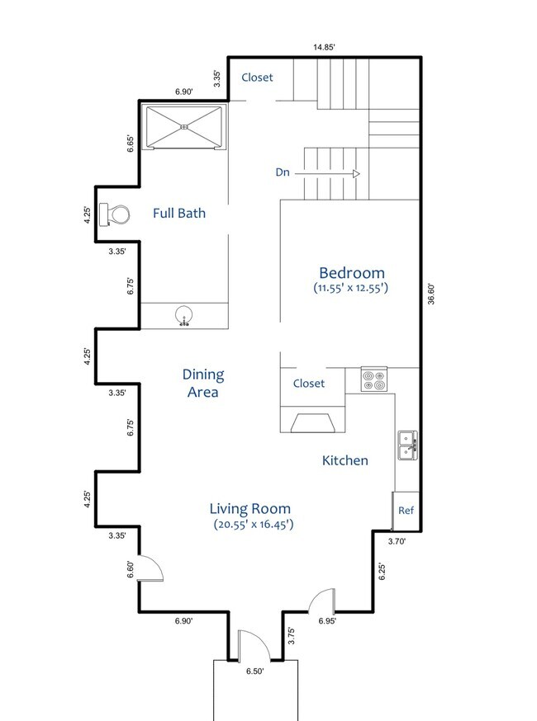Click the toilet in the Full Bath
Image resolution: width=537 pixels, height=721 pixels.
(x=114, y=214)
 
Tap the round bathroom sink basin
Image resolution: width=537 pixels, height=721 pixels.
(x=184, y=315)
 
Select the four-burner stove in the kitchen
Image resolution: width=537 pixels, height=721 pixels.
(x=374, y=379)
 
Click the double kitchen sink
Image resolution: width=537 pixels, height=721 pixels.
(x=408, y=445)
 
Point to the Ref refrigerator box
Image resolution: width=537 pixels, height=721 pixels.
(x=406, y=511)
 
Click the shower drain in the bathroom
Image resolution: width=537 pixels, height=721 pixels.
(x=184, y=127)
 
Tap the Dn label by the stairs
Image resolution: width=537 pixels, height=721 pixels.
(x=283, y=172)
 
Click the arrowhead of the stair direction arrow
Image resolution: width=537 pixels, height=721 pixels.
(x=356, y=174)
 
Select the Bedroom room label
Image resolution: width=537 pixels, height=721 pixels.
(x=352, y=273)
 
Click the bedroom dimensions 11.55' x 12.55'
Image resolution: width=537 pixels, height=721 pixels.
(x=350, y=288)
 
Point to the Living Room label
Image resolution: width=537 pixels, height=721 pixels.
(x=250, y=508)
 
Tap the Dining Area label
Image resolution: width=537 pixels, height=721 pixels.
(x=203, y=383)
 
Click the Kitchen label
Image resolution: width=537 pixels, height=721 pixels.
(x=345, y=460)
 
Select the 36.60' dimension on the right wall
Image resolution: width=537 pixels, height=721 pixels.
(x=431, y=295)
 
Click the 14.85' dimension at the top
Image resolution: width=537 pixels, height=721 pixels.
(x=324, y=47)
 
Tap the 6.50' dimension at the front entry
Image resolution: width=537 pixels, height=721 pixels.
(x=254, y=672)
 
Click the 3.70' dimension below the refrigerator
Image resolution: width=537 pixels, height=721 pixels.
(x=397, y=542)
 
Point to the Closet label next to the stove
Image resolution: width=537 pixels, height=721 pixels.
(x=308, y=384)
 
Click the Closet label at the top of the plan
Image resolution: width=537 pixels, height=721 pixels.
(x=257, y=78)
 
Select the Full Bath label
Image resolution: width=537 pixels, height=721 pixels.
(x=179, y=214)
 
